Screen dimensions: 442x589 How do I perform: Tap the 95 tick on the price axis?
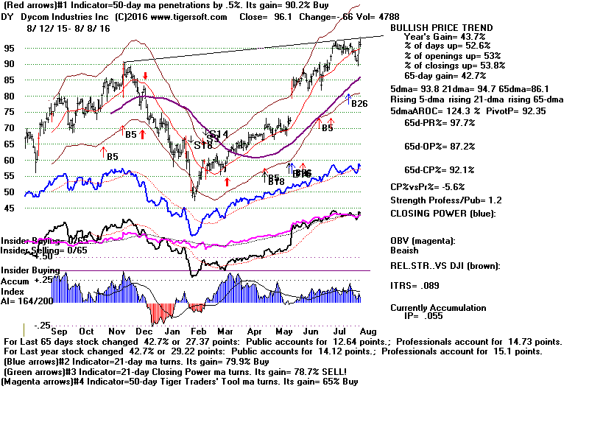point(10,48)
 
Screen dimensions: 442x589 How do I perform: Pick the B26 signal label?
point(359,104)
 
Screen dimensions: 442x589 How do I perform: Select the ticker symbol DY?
point(9,17)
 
